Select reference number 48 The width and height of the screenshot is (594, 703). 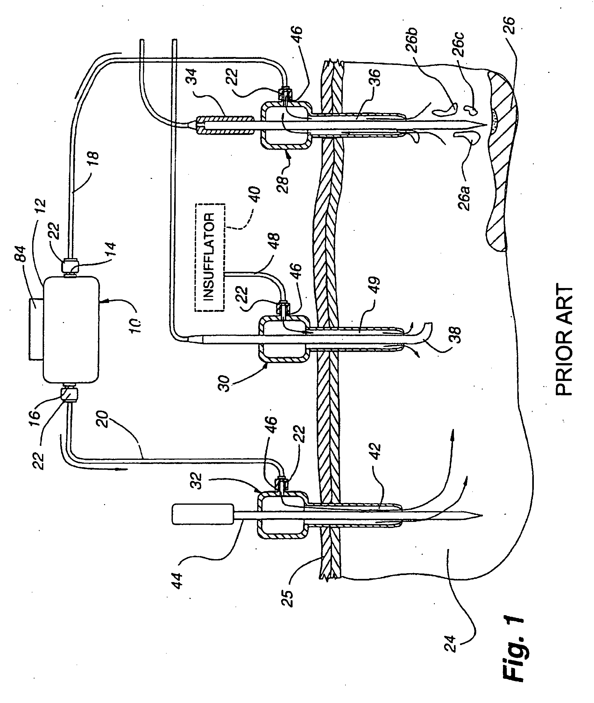[x=274, y=242]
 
